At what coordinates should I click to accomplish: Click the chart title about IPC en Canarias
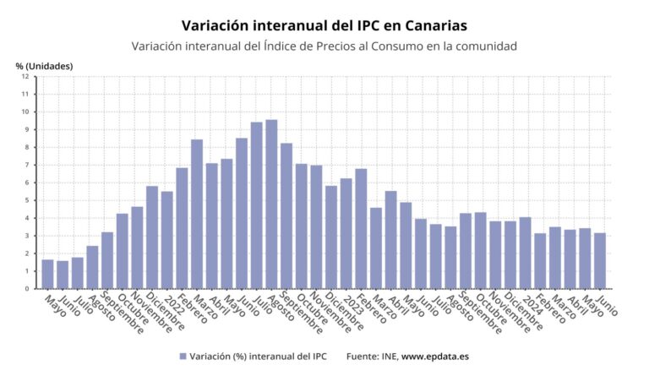(x=324, y=25)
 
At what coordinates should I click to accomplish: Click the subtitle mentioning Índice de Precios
(x=324, y=46)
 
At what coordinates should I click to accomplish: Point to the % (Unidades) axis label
(x=44, y=66)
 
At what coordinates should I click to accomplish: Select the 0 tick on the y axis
(x=27, y=289)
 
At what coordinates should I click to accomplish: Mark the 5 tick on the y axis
(x=27, y=200)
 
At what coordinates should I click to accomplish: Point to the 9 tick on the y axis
(x=27, y=129)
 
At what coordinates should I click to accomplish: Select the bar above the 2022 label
(x=166, y=240)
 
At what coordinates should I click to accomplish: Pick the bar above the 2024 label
(x=525, y=253)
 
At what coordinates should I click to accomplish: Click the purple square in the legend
(x=183, y=357)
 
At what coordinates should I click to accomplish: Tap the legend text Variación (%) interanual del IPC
(x=258, y=357)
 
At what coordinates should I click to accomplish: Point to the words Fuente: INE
(x=371, y=357)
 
